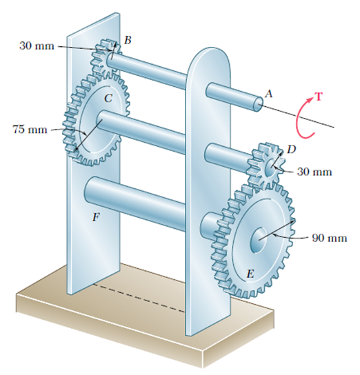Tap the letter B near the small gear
pos(127,41)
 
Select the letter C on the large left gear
pos(108,98)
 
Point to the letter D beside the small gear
pos(291,148)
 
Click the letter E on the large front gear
pos(250,274)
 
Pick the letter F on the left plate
pos(96,218)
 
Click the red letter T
pos(318,96)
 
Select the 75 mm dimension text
pos(28,129)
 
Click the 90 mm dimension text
pos(328,238)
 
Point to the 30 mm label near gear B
pos(37,46)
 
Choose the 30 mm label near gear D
pos(314,171)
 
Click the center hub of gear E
pos(259,237)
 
